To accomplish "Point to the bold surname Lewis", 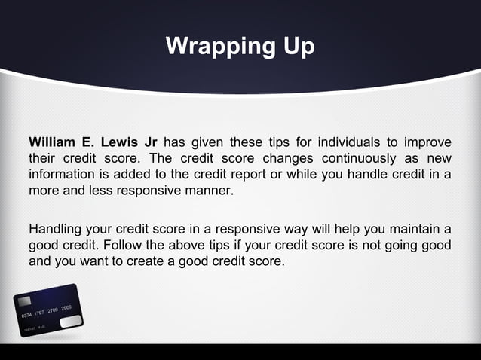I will click(x=121, y=143).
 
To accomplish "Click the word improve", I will click(x=427, y=143).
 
